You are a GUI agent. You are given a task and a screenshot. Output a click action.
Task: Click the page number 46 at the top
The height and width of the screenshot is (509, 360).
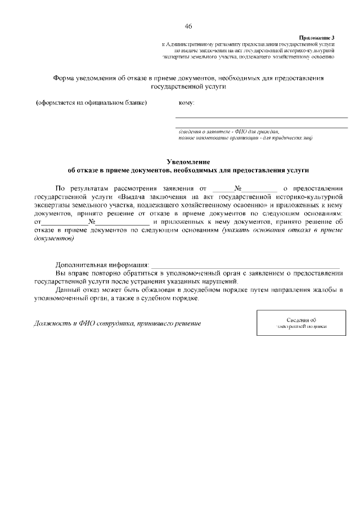188,26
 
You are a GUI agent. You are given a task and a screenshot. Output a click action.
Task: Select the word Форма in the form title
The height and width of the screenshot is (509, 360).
64,79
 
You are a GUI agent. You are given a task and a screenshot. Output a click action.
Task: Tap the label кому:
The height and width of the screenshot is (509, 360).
186,103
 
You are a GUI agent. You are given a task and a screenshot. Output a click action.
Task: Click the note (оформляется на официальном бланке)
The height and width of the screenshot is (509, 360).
91,103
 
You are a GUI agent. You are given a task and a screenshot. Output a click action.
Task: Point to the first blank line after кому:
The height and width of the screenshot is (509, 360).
262,116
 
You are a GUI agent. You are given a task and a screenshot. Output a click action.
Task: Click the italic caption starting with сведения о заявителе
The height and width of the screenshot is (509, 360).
228,131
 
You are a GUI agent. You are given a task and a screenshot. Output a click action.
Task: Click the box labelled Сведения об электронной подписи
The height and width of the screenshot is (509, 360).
301,323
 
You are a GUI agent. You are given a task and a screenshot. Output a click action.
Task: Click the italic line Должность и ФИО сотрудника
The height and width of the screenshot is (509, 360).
117,324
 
